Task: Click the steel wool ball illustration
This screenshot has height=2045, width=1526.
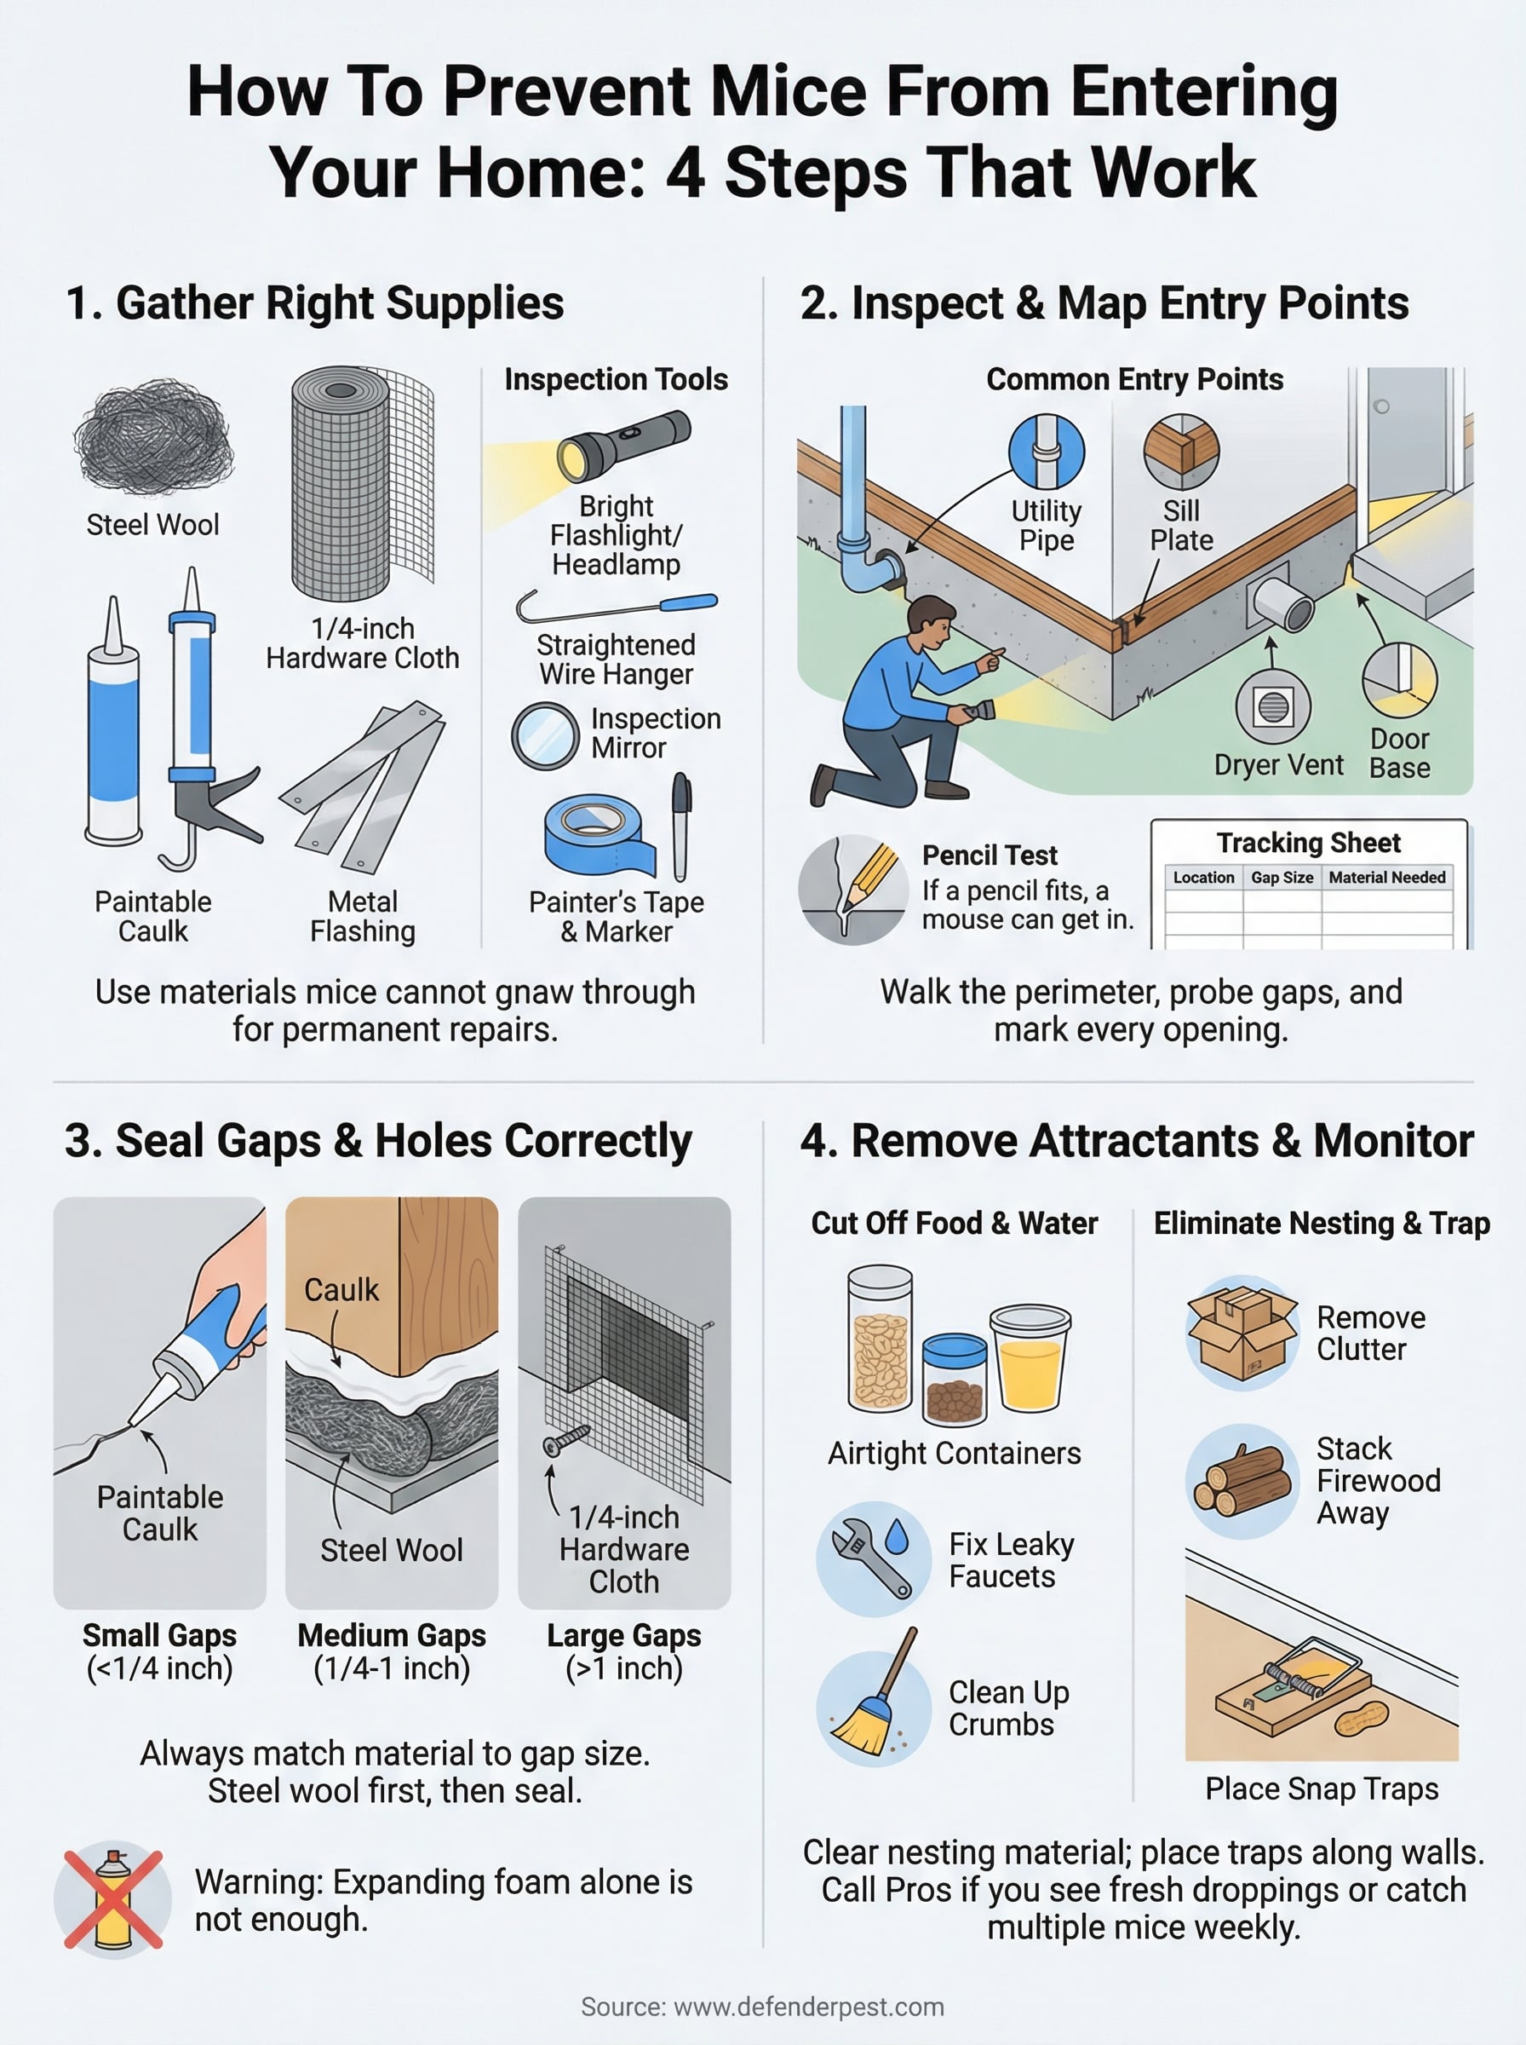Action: coord(153,436)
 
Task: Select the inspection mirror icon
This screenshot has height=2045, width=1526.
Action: coord(545,736)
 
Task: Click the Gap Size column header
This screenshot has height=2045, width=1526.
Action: coord(1282,877)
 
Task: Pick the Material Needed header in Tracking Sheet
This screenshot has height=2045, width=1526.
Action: coord(1386,877)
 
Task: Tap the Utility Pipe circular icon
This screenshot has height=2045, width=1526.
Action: coord(1046,451)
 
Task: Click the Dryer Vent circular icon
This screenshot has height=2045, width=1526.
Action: coord(1273,708)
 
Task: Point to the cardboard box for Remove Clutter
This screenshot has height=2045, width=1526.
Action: coord(1242,1333)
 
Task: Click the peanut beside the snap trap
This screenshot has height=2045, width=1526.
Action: coord(1362,1719)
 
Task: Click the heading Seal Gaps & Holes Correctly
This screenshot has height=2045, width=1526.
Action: coord(378,1140)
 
